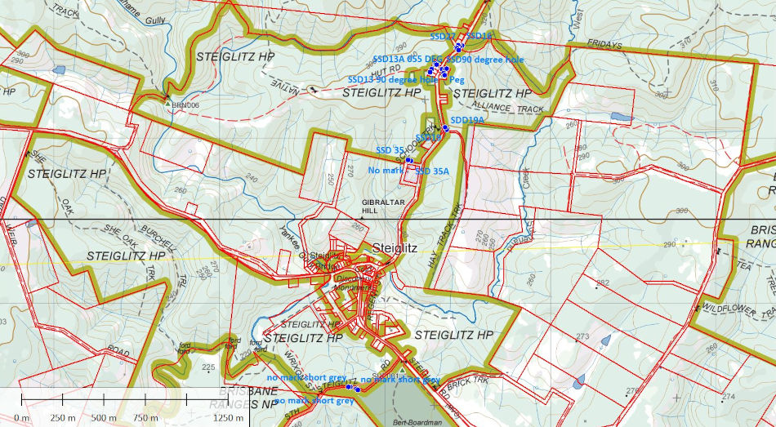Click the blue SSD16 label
tap(479, 37)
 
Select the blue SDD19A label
tap(468, 120)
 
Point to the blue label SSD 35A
tap(434, 171)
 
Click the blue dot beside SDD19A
tap(446, 128)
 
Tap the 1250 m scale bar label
tap(230, 418)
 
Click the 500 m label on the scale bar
tap(104, 418)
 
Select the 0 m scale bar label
tap(21, 418)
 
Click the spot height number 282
tap(603, 283)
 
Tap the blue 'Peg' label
tap(457, 80)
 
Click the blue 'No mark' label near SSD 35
tap(385, 170)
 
